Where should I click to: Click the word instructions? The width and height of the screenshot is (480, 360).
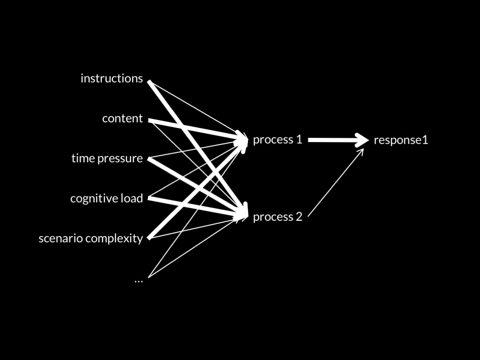112,78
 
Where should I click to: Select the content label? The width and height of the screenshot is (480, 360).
122,119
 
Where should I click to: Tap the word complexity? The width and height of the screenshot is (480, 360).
114,239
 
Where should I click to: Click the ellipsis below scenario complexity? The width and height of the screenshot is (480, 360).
138,280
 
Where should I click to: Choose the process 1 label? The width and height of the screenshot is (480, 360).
277,140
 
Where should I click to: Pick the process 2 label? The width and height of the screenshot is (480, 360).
277,217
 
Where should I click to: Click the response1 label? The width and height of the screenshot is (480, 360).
401,140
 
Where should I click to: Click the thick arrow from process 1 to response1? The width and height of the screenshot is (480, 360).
333,140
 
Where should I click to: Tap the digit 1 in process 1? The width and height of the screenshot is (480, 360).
299,140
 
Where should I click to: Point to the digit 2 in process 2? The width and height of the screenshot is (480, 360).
299,217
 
